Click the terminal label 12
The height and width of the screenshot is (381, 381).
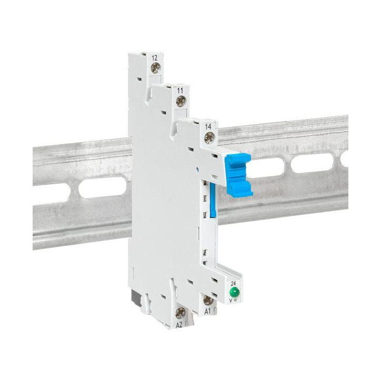[x=155, y=58]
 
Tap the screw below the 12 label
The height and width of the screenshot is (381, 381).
[x=155, y=68]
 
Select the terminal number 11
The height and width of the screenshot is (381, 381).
[x=180, y=91]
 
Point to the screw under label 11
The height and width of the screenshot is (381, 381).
[x=181, y=101]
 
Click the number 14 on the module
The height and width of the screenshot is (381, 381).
[x=208, y=127]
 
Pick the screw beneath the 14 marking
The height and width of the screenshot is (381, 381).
[x=209, y=137]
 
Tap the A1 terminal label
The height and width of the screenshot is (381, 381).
[x=207, y=311]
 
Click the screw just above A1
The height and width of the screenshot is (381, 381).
[x=208, y=300]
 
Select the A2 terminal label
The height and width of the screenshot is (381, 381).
[x=179, y=325]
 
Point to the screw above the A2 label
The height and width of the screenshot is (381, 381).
[x=181, y=313]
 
